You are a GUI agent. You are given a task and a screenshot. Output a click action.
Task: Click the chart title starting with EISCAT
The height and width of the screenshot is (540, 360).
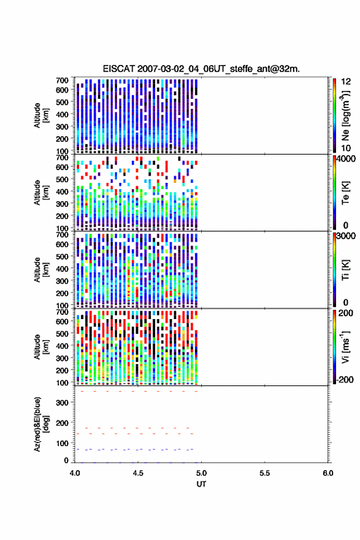201,69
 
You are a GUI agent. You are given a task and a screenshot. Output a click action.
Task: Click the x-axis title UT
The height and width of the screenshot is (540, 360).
201,484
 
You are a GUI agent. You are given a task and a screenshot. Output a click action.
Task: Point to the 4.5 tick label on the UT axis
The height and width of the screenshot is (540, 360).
138,473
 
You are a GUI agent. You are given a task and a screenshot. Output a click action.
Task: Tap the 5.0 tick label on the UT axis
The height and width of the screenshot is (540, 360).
201,473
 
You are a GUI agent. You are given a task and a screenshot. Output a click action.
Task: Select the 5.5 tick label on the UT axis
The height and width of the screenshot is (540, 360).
265,473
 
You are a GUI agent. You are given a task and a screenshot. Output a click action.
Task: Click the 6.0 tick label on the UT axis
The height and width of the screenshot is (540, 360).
328,473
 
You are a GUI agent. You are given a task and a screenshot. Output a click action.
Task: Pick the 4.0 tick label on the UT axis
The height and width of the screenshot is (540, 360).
75,473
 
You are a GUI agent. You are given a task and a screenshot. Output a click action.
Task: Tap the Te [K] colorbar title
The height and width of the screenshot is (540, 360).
346,193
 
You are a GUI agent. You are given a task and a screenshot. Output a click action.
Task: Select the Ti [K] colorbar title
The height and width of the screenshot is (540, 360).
346,269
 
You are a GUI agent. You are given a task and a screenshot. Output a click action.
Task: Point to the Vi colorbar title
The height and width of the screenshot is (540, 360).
346,347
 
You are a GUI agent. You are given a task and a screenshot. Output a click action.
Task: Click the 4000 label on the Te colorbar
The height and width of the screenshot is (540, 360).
346,159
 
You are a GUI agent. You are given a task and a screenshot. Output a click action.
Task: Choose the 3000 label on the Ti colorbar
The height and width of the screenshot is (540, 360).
346,236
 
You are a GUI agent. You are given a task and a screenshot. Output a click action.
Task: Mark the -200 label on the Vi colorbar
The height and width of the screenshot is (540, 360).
345,379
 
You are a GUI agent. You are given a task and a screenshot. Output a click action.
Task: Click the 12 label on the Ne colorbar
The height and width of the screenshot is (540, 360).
346,82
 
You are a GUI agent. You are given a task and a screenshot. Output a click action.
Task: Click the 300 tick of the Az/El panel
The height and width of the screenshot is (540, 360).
62,403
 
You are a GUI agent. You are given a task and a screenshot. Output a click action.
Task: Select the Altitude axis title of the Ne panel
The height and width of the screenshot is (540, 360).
41,115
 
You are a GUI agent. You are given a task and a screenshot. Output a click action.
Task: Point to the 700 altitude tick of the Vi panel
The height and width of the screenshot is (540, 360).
62,312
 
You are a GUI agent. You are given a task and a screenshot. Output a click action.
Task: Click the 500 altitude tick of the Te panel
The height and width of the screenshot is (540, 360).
62,179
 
